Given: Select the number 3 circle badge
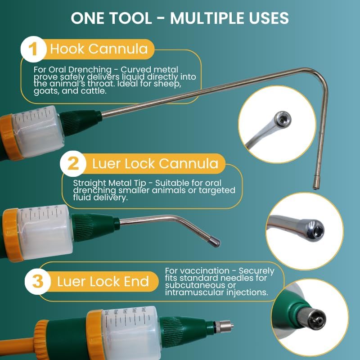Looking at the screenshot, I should click(x=37, y=282).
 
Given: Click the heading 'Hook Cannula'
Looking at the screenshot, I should click(x=99, y=49).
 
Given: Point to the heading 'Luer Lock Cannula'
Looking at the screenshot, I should click(x=155, y=163).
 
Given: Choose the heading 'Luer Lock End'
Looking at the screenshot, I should click(x=103, y=282).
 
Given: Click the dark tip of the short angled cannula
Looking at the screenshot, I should click(x=215, y=242).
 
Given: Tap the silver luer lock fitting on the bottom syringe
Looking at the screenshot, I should click(x=222, y=325).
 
